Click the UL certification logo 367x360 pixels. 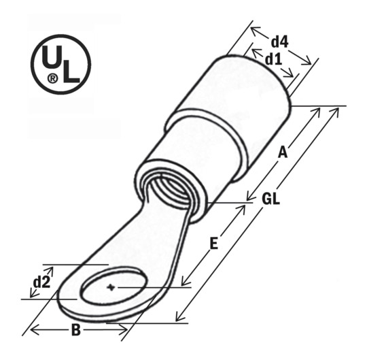click(60, 64)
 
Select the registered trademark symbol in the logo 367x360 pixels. click(52, 79)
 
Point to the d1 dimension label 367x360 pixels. click(273, 60)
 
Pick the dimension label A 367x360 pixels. click(283, 154)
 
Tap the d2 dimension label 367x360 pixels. click(41, 282)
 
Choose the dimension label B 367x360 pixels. click(76, 331)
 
